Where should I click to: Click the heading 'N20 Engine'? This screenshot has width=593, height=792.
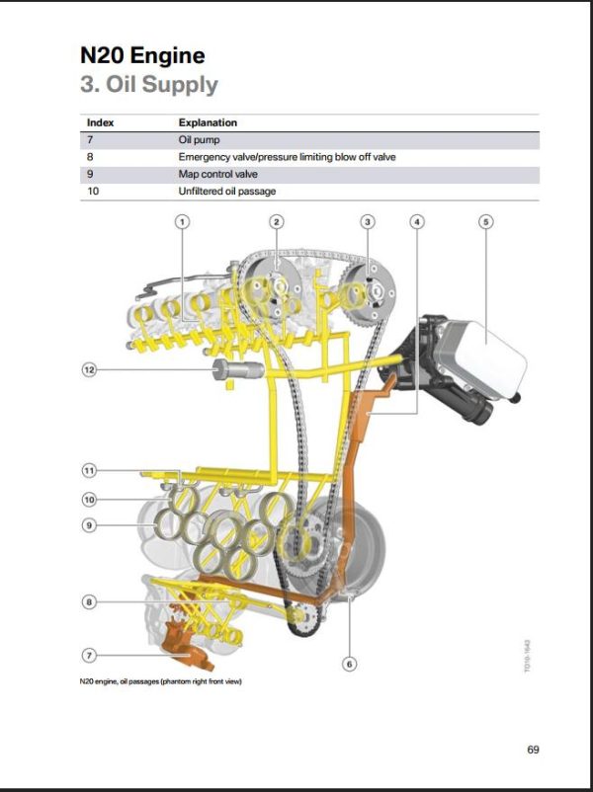142,55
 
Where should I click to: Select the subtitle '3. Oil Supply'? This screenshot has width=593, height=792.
148,84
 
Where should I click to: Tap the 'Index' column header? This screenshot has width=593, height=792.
100,123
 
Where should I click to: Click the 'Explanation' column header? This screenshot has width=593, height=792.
208,123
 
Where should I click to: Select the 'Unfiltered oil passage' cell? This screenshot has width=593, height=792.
226,191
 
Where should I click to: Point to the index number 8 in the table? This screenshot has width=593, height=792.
90,157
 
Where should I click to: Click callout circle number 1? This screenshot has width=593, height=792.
182,221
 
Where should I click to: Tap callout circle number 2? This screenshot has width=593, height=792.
277,221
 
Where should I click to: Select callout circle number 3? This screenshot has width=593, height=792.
368,221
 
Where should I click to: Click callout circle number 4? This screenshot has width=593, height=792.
417,221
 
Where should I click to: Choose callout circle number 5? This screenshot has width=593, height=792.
485,221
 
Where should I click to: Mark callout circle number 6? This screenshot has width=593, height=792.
349,663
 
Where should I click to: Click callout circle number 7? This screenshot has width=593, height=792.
89,655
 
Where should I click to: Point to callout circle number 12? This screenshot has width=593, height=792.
89,369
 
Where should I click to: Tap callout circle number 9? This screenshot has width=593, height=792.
89,525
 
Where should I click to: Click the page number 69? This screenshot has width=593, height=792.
533,750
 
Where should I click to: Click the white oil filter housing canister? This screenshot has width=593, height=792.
494,356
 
